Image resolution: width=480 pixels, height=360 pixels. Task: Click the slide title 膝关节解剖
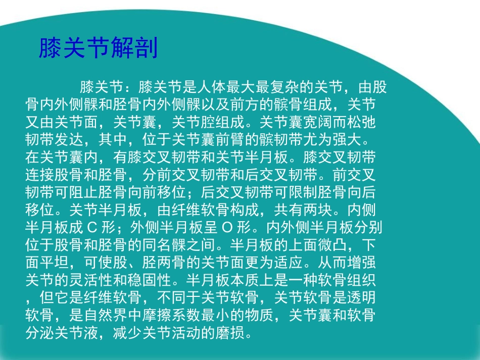click(x=98, y=48)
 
